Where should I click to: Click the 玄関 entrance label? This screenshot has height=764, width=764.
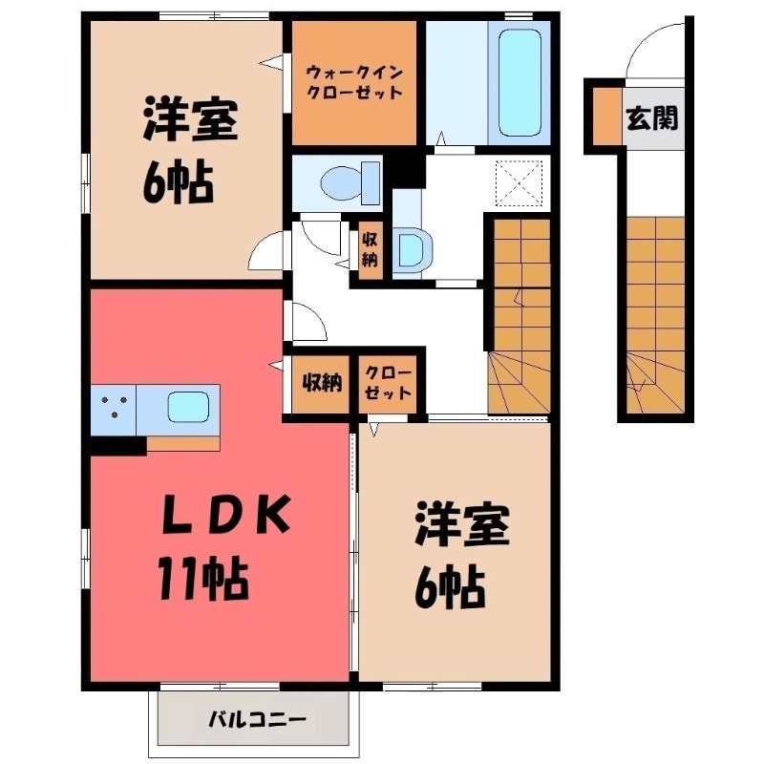coord(653,117)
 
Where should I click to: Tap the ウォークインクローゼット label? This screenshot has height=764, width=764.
coord(353,82)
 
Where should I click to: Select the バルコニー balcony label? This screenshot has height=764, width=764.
coord(255,717)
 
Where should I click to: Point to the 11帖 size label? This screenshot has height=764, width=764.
coord(204,579)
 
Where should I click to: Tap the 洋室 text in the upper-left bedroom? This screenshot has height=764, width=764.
coord(189,121)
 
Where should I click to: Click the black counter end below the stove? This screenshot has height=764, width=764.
coord(117,443)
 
